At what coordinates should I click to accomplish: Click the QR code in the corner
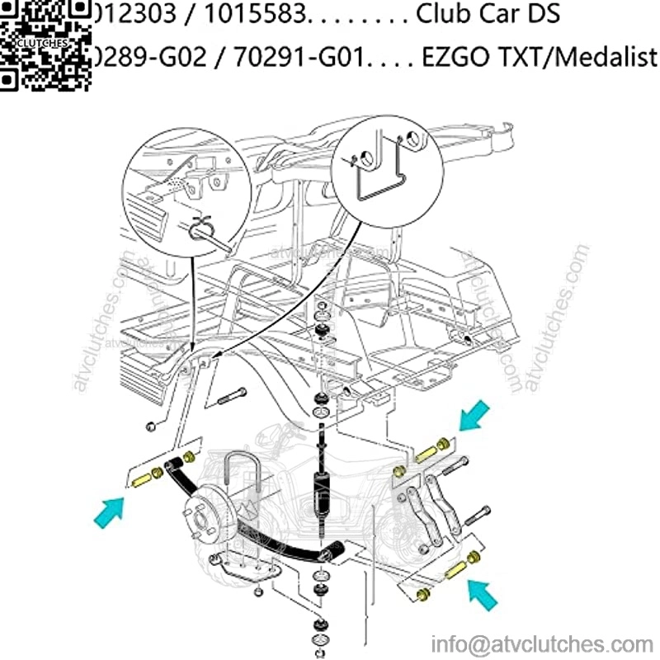[x=43, y=43]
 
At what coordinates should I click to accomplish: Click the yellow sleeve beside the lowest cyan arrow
[x=455, y=570]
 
